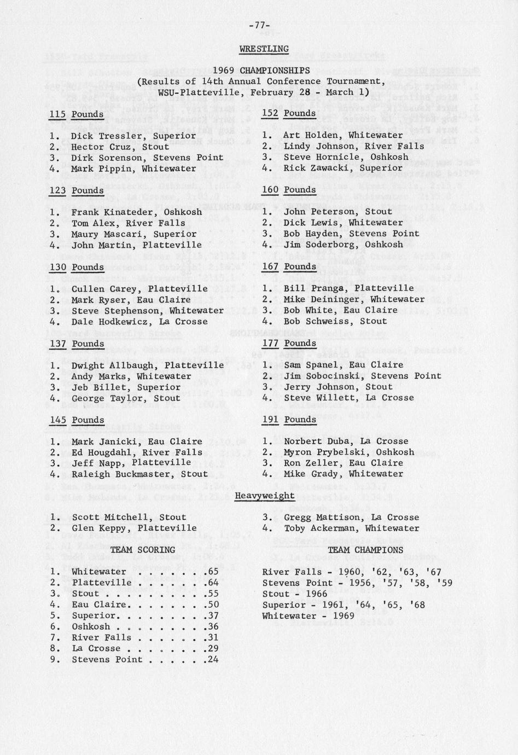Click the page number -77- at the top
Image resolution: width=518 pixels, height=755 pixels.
[x=259, y=25]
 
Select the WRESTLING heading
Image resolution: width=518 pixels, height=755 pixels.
[x=264, y=49]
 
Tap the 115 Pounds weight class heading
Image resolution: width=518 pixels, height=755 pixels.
[x=76, y=114]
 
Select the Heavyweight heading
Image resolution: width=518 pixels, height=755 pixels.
[x=265, y=496]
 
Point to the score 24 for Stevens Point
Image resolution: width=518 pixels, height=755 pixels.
[x=213, y=659]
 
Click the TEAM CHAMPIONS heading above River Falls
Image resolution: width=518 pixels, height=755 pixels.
[x=365, y=550]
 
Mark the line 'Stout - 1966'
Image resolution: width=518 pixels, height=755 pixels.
[x=294, y=594]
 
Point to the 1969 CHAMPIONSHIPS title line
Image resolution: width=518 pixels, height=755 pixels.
[x=261, y=71]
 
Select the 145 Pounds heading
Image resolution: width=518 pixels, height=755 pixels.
[x=76, y=420]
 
